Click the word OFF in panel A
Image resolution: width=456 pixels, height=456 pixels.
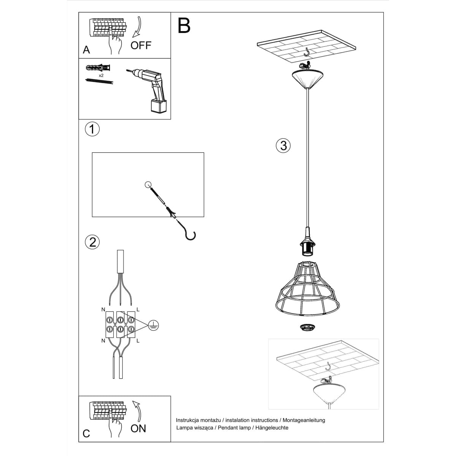[141, 46]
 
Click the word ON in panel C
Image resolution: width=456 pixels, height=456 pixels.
[138, 428]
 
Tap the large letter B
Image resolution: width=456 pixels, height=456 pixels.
[184, 25]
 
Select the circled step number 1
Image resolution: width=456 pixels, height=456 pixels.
[92, 129]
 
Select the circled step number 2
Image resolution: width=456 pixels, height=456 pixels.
[92, 242]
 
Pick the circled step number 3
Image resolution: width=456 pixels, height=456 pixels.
[283, 145]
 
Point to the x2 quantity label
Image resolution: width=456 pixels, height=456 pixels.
[101, 76]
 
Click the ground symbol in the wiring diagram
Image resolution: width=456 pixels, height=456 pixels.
[154, 324]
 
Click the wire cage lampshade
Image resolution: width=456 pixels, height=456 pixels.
[306, 289]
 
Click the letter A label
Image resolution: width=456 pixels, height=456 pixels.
[87, 50]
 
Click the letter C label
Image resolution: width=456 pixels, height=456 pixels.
[86, 434]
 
